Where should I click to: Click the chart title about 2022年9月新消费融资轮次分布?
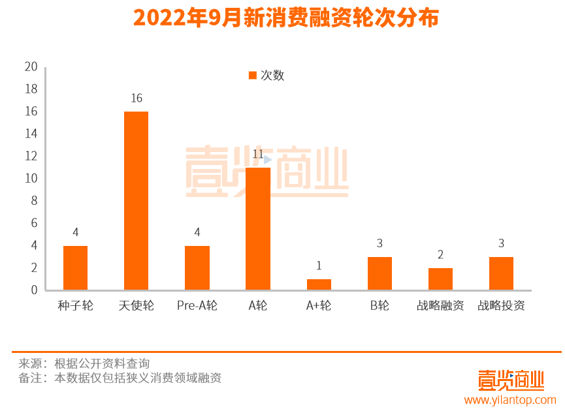286,18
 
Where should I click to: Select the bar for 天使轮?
136,201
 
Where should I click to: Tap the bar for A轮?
258,228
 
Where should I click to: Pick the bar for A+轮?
319,284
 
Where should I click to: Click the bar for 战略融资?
440,279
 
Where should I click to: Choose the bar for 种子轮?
75,267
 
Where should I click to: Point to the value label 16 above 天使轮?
136,99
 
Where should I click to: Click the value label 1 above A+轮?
319,266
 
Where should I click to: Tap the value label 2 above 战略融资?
440,255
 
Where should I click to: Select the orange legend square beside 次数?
253,76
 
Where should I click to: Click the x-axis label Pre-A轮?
197,305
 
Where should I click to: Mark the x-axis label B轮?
379,305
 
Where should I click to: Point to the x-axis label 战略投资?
501,305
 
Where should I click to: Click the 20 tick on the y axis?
31,67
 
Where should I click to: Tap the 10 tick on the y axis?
31,178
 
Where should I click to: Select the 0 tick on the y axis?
34,290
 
